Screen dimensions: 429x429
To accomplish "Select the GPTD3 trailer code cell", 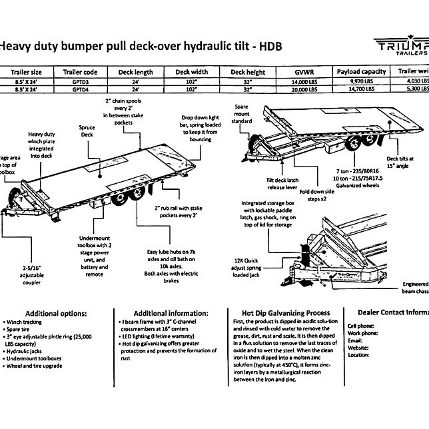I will point(81,81).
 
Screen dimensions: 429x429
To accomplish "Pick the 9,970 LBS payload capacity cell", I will point(362,81).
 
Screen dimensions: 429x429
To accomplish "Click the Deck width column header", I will point(192,71).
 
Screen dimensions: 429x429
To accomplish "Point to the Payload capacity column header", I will point(362,71).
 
